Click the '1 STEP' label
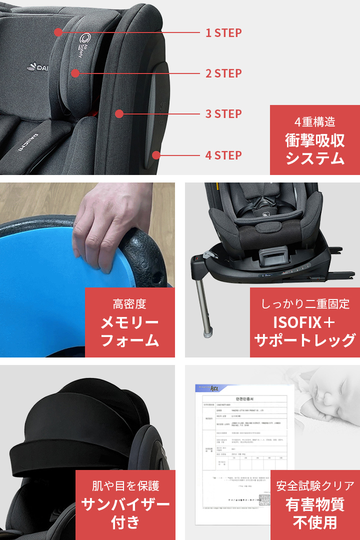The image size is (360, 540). point(223,33)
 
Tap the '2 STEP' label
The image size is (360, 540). point(223,73)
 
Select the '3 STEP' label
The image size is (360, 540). point(223,114)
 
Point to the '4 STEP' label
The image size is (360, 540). point(223,155)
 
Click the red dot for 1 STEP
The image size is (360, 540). point(58,32)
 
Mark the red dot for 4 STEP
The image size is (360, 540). point(156,155)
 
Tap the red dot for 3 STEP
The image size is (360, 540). point(119,114)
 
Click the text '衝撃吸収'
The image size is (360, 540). point(314,140)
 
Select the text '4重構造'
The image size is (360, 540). point(314,121)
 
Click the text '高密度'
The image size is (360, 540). point(129,303)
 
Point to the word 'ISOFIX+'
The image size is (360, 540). point(305,321)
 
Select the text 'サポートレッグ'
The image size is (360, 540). point(305,340)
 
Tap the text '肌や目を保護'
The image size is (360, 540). point(125,485)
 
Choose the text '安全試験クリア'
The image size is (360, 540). point(315,485)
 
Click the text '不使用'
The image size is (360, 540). point(315,522)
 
